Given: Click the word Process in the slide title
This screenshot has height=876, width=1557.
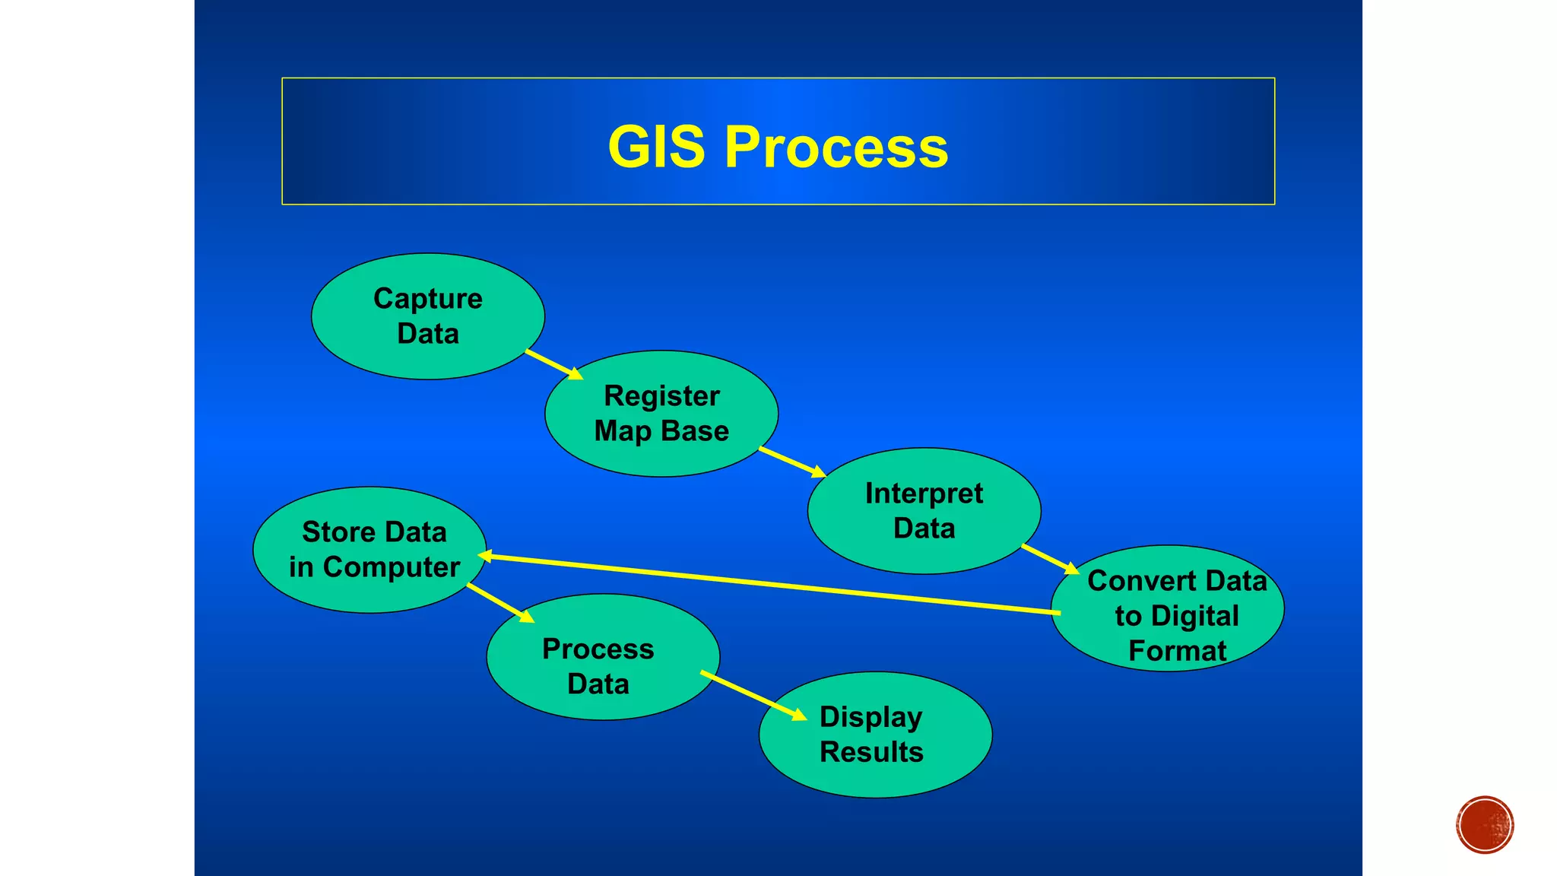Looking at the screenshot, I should [x=836, y=147].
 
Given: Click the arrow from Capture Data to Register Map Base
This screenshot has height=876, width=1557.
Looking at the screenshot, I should [x=553, y=364].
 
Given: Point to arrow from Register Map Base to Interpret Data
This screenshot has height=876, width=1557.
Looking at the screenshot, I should [x=791, y=462].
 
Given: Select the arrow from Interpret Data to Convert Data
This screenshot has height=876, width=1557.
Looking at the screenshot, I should [x=1050, y=559].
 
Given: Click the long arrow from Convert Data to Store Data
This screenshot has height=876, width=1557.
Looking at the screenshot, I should [x=768, y=584].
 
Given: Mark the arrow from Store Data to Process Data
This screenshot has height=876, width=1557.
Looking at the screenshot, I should [x=499, y=603].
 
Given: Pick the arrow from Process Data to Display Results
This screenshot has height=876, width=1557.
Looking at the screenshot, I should [x=753, y=695].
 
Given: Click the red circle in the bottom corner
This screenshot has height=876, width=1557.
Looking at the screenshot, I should [x=1485, y=825].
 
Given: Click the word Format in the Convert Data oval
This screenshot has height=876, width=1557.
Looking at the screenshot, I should [x=1177, y=651].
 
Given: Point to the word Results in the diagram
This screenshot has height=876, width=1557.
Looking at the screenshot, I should [x=871, y=752].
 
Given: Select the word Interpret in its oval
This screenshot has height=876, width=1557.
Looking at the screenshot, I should [x=924, y=494].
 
